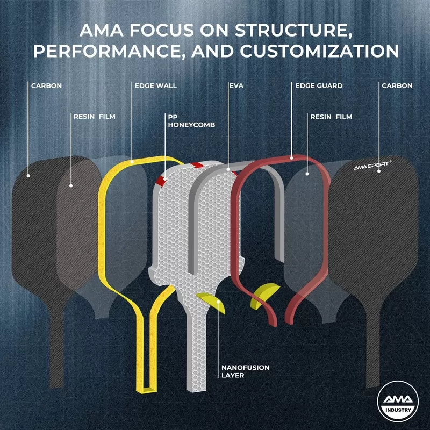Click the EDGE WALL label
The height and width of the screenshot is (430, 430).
point(155,85)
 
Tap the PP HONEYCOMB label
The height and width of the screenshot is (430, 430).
point(192,120)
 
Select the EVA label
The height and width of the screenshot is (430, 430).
point(236,85)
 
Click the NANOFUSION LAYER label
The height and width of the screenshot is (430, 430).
point(246,371)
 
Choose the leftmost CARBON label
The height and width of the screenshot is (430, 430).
point(46,85)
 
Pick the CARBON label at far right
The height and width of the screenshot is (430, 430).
point(397,85)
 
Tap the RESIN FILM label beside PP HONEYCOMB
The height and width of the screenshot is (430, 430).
point(94,116)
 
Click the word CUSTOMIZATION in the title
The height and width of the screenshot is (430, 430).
point(319,51)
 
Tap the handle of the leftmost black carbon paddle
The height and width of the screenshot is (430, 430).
point(56,344)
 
